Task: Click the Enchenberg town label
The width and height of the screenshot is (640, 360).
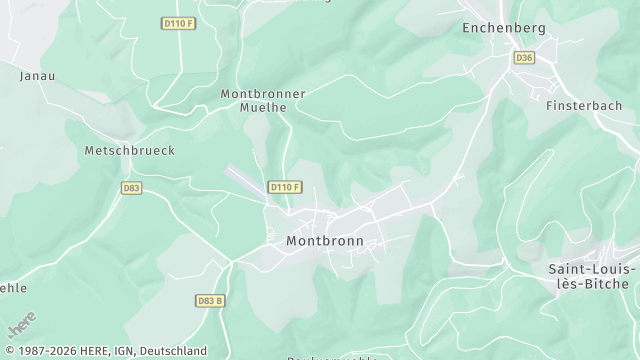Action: coord(504,28)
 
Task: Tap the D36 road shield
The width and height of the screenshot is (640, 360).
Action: coord(524,58)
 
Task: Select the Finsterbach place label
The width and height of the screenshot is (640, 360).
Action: coord(584,105)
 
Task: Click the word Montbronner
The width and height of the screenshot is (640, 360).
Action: coord(262,93)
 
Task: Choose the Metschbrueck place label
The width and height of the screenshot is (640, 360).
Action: coord(129,150)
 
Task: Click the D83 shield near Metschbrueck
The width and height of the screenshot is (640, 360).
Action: coord(131,187)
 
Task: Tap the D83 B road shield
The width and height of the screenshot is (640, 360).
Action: coord(210,300)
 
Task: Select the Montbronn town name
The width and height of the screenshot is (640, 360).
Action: coord(324,241)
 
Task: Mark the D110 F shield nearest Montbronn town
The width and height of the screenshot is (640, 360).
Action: coord(285,187)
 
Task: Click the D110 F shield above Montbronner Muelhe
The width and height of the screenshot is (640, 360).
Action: coord(177,22)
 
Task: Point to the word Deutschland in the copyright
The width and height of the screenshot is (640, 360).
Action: coord(173,351)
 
